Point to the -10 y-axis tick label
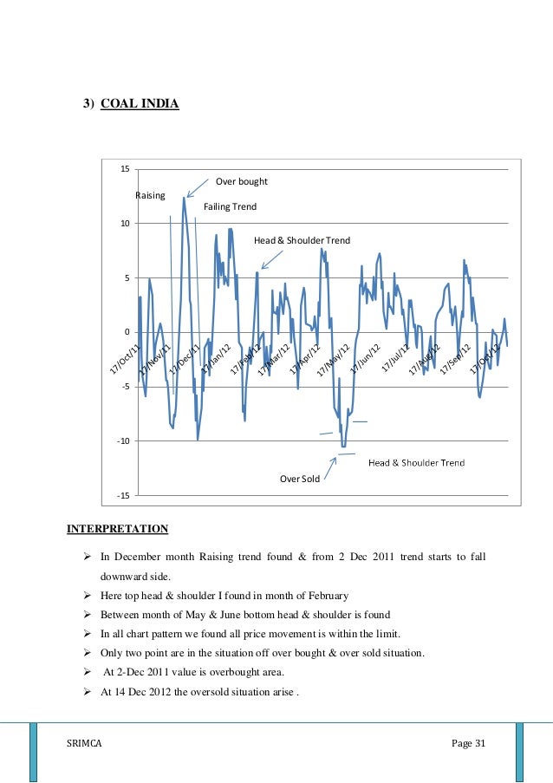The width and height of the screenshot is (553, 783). pyautogui.click(x=122, y=441)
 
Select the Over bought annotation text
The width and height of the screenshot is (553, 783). pyautogui.click(x=241, y=182)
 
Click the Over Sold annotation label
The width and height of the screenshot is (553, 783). pyautogui.click(x=300, y=478)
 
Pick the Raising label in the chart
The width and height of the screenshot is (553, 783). pyautogui.click(x=150, y=196)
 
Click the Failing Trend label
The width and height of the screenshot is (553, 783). pyautogui.click(x=230, y=207)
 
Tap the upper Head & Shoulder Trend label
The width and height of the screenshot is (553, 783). pyautogui.click(x=302, y=239)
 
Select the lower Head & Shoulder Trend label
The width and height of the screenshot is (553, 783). pyautogui.click(x=416, y=462)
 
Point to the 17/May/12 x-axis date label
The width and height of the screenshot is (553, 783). pyautogui.click(x=334, y=360)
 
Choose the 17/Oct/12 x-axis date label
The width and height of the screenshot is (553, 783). pyautogui.click(x=486, y=360)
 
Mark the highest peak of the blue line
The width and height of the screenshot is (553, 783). pyautogui.click(x=184, y=198)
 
